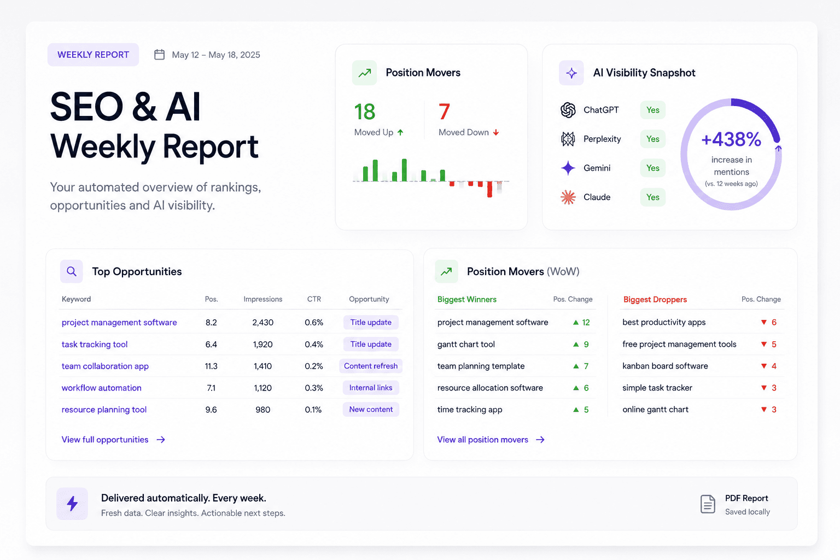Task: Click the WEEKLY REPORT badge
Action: tap(93, 55)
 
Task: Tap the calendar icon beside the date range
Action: tap(159, 55)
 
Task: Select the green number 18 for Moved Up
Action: tap(365, 112)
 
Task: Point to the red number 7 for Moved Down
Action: tap(444, 112)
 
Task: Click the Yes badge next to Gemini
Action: tap(652, 168)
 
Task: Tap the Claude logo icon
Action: tap(568, 197)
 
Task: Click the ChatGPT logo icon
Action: tap(568, 110)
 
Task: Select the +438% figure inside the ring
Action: tap(731, 139)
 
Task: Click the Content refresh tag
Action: tap(370, 366)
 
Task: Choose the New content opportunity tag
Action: tap(370, 410)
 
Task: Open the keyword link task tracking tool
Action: tap(95, 345)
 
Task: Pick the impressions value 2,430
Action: tap(262, 323)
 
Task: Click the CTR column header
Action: tap(314, 299)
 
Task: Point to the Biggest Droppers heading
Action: tap(655, 299)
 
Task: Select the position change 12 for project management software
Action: tap(586, 323)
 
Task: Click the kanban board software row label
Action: tap(665, 366)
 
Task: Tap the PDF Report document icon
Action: tap(708, 504)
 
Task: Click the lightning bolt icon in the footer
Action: tap(72, 504)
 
